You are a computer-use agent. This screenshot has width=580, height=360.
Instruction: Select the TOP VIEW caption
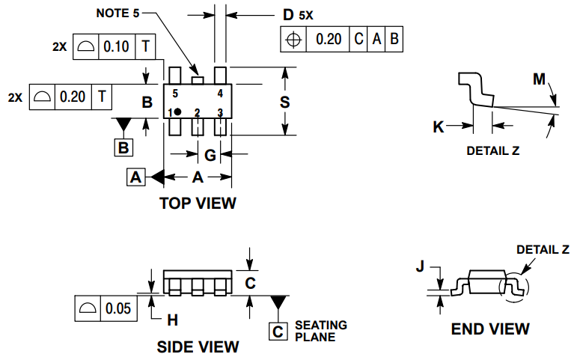pyautogui.click(x=198, y=203)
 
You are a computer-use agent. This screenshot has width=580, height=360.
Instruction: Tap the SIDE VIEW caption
pyautogui.click(x=198, y=347)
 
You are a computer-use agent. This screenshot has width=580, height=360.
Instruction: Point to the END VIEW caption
pyautogui.click(x=490, y=329)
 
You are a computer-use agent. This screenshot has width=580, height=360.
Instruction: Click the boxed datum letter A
pyautogui.click(x=135, y=177)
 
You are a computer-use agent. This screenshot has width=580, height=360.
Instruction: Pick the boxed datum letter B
pyautogui.click(x=124, y=147)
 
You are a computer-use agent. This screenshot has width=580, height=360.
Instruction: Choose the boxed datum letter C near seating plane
pyautogui.click(x=278, y=331)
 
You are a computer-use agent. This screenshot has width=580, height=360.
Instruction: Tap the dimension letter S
pyautogui.click(x=284, y=103)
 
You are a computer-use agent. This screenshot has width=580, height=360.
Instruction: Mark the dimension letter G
pyautogui.click(x=210, y=155)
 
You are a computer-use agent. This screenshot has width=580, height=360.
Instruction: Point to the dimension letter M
pyautogui.click(x=539, y=79)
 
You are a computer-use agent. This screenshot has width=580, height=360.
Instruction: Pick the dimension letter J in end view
pyautogui.click(x=420, y=266)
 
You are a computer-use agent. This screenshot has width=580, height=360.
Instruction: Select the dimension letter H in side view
pyautogui.click(x=172, y=320)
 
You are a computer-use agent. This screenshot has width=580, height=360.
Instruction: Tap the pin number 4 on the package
pyautogui.click(x=220, y=94)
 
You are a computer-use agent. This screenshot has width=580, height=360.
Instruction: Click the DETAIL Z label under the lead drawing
pyautogui.click(x=492, y=150)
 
